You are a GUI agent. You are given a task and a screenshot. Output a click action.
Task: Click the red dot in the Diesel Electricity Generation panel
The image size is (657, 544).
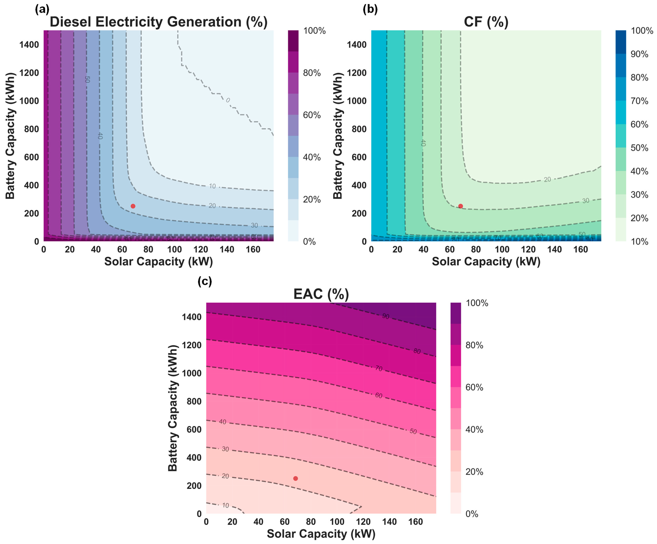pos(133,206)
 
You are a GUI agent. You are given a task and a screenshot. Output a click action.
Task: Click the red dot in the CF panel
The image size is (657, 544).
pos(460,206)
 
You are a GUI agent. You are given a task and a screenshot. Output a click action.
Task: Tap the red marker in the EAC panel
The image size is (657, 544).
pos(295,478)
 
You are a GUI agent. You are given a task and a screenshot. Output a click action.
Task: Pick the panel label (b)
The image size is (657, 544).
pos(370,10)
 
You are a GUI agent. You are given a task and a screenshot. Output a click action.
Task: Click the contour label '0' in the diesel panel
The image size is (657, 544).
pos(228,100)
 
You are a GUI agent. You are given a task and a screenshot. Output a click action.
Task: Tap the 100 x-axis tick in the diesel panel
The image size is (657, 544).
pos(174,249)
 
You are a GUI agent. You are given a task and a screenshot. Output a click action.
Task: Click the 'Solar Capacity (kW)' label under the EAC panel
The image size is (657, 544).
pos(321,534)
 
